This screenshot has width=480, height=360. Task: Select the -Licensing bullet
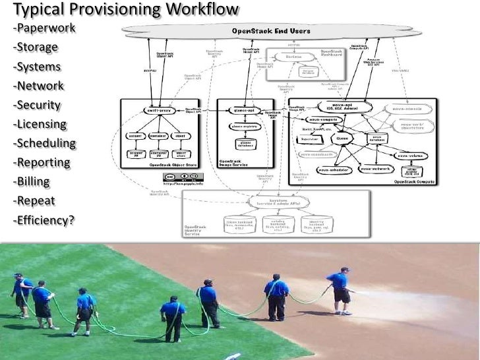click(39, 124)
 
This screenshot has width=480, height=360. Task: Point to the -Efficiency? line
click(43, 220)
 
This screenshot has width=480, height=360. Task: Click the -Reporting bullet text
click(42, 162)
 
